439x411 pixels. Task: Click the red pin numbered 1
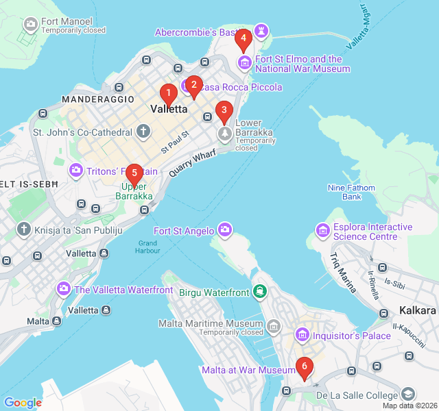pyautogui.click(x=168, y=93)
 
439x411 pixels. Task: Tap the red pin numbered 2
pyautogui.click(x=193, y=86)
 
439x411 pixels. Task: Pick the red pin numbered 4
pyautogui.click(x=242, y=38)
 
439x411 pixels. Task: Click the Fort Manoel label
pyautogui.click(x=67, y=21)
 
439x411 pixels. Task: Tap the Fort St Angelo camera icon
pyautogui.click(x=224, y=229)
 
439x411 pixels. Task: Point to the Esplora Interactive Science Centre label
pyautogui.click(x=372, y=232)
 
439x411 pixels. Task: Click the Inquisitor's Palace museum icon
pyautogui.click(x=301, y=335)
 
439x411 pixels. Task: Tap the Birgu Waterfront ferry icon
pyautogui.click(x=260, y=292)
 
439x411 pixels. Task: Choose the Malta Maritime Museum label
pyautogui.click(x=211, y=323)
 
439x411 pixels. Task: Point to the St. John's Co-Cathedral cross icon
pyautogui.click(x=143, y=131)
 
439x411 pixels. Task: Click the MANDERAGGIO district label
pyautogui.click(x=98, y=99)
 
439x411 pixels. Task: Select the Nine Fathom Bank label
pyautogui.click(x=352, y=192)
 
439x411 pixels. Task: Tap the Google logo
pyautogui.click(x=23, y=403)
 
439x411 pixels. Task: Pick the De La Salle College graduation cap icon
pyautogui.click(x=408, y=395)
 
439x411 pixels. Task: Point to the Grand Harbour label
pyautogui.click(x=147, y=247)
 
